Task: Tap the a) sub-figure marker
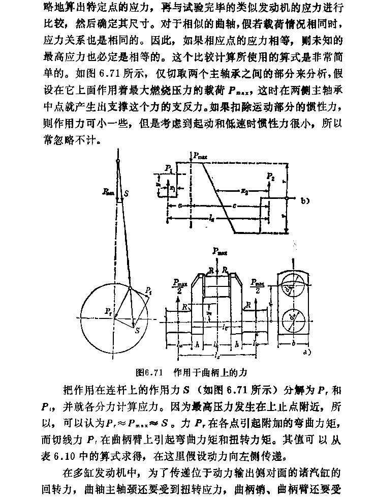click(307, 350)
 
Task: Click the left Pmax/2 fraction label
click(178, 285)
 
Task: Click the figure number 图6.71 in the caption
click(146, 372)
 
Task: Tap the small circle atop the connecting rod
click(117, 161)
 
